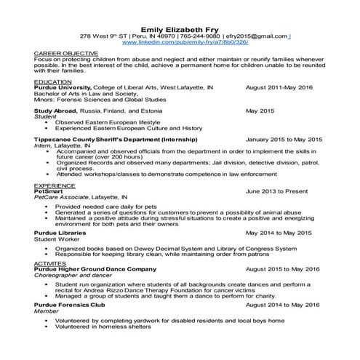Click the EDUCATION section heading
(x=53, y=82)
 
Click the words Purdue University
(x=63, y=87)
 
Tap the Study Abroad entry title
(x=57, y=111)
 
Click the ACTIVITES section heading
(x=52, y=263)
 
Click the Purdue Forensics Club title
(x=73, y=305)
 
